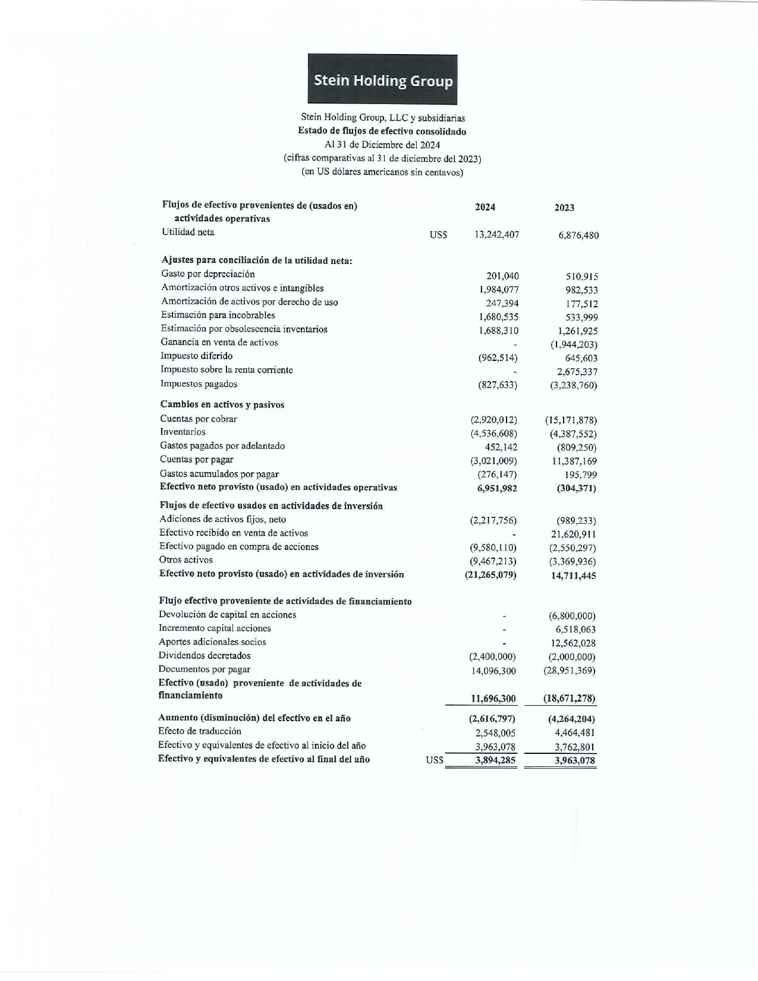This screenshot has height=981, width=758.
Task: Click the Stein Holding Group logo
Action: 382,80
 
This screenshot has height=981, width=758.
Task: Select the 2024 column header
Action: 485,207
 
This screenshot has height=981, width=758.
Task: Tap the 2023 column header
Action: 564,207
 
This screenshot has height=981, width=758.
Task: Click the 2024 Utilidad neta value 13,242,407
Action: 496,235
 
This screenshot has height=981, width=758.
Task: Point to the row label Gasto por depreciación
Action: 207,274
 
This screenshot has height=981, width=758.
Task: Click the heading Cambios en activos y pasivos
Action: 222,405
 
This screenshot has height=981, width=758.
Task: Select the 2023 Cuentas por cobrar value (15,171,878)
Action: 570,420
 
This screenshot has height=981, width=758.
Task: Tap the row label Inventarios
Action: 183,432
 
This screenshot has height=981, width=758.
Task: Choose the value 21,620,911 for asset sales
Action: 573,534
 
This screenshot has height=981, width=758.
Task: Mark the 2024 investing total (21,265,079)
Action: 490,576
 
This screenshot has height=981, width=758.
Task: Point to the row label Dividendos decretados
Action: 205,656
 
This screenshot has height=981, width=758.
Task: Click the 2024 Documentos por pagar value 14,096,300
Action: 493,671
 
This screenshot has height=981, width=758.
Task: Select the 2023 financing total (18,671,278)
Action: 569,699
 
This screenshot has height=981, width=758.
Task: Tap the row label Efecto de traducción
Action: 199,731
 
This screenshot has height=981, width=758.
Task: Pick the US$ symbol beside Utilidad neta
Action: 438,235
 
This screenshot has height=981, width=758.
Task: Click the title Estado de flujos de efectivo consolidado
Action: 382,131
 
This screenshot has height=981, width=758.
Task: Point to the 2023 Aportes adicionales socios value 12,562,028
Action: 573,643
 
